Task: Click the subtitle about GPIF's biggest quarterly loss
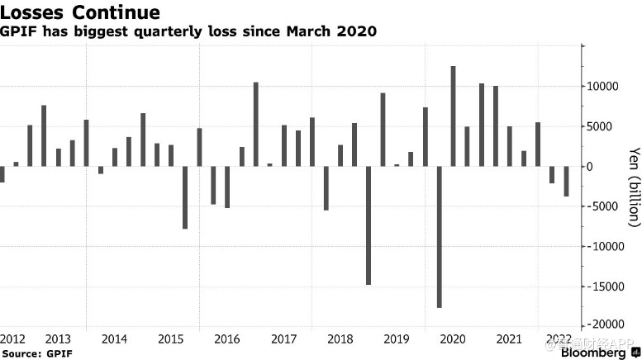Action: [190, 31]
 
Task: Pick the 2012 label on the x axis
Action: [13, 339]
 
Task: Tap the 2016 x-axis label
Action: [227, 339]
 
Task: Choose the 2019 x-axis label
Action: [397, 339]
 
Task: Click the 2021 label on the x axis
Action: [510, 339]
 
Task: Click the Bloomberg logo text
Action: [594, 353]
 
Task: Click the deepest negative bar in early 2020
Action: [440, 237]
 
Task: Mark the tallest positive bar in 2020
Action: [454, 116]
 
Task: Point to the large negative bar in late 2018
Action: [369, 225]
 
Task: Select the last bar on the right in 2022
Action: [566, 182]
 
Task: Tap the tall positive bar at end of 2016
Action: [256, 124]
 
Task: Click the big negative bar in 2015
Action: [185, 197]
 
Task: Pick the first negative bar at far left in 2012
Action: [2, 174]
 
